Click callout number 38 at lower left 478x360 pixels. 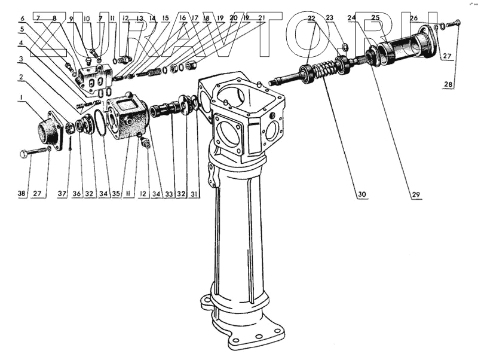click(x=22, y=194)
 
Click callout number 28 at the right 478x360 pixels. click(x=448, y=86)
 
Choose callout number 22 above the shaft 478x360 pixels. click(x=311, y=19)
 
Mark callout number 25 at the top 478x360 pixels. click(x=375, y=18)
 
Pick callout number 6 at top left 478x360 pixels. click(x=22, y=19)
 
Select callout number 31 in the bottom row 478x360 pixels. click(x=197, y=194)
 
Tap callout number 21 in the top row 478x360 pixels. click(x=262, y=19)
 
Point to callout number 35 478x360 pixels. click(x=115, y=194)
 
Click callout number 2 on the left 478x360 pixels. click(x=22, y=77)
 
